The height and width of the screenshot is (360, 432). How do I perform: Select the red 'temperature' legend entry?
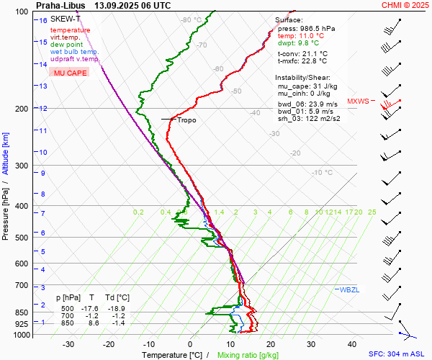coord(70,30)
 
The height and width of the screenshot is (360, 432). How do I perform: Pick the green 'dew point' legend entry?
coord(67,45)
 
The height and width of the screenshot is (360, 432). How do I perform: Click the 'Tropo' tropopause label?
coord(186,120)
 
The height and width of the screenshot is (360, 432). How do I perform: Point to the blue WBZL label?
coord(349,289)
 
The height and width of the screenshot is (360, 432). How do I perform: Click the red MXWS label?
coord(358,102)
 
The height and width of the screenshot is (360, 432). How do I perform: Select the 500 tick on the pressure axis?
coord(22,238)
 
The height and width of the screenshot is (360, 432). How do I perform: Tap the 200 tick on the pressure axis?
coord(22,109)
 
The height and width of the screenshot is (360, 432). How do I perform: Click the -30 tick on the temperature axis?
coord(68,344)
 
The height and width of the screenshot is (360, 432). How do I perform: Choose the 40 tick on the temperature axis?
coord(352,344)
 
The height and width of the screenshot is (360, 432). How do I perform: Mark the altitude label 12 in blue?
coord(43,109)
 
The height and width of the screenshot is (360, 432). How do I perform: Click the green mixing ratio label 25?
coord(372,212)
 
